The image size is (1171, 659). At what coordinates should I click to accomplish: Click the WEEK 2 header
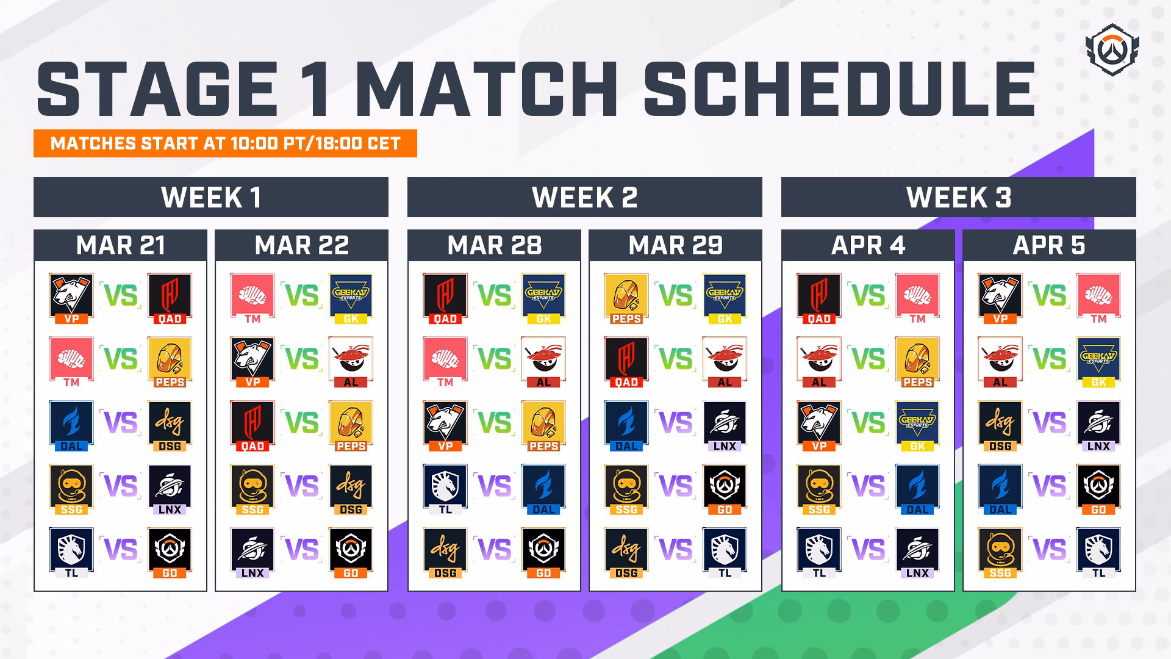point(584,197)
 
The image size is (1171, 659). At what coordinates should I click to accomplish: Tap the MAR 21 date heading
point(120,245)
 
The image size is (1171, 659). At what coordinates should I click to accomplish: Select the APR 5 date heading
point(1049,245)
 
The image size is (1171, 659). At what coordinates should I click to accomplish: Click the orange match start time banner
point(225,143)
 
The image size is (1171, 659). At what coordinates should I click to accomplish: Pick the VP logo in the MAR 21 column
point(71,298)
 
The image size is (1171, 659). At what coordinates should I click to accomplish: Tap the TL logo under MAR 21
point(71,553)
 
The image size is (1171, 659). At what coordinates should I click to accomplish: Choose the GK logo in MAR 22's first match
point(351,298)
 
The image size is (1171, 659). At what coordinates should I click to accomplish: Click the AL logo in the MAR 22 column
point(351,362)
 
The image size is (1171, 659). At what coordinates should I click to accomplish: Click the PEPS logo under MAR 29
point(626,298)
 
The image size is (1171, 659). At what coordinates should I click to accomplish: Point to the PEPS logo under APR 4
point(917,362)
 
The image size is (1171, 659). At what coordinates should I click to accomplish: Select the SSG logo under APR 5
point(1000,553)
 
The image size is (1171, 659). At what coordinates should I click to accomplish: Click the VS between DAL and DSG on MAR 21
point(121,422)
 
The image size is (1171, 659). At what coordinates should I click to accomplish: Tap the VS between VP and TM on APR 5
point(1050,295)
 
